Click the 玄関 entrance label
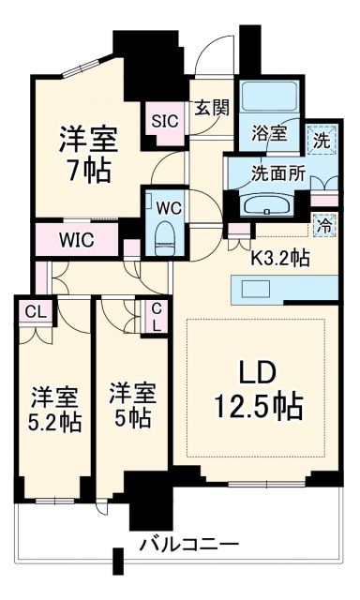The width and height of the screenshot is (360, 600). pyautogui.click(x=212, y=108)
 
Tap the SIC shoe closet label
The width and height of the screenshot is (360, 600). pyautogui.click(x=165, y=121)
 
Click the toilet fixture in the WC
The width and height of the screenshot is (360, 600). pyautogui.click(x=165, y=233)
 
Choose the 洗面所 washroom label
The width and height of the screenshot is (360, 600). pyautogui.click(x=270, y=172)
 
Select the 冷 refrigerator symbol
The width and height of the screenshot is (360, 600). pyautogui.click(x=322, y=226)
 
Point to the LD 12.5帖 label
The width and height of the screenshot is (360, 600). pyautogui.click(x=254, y=389)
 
